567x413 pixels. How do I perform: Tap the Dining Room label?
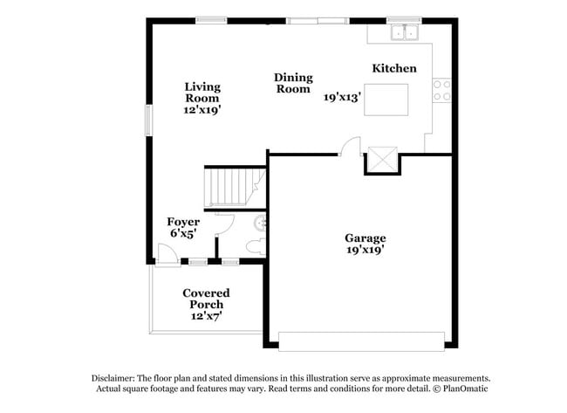(293, 83)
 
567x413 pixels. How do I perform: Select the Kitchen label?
(393, 68)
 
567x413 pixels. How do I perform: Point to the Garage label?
(365, 237)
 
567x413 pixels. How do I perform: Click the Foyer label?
(183, 222)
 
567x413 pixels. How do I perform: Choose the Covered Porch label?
(206, 299)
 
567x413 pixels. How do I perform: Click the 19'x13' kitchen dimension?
(342, 98)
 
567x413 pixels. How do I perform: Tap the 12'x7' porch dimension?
(207, 316)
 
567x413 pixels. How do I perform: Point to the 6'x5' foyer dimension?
(184, 234)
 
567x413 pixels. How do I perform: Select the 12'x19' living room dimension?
(202, 111)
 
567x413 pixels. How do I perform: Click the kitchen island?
(386, 100)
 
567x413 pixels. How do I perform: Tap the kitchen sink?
(404, 33)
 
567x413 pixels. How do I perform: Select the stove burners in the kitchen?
(442, 90)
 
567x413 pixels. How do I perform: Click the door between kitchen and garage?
(349, 148)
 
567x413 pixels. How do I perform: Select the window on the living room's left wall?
(147, 120)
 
